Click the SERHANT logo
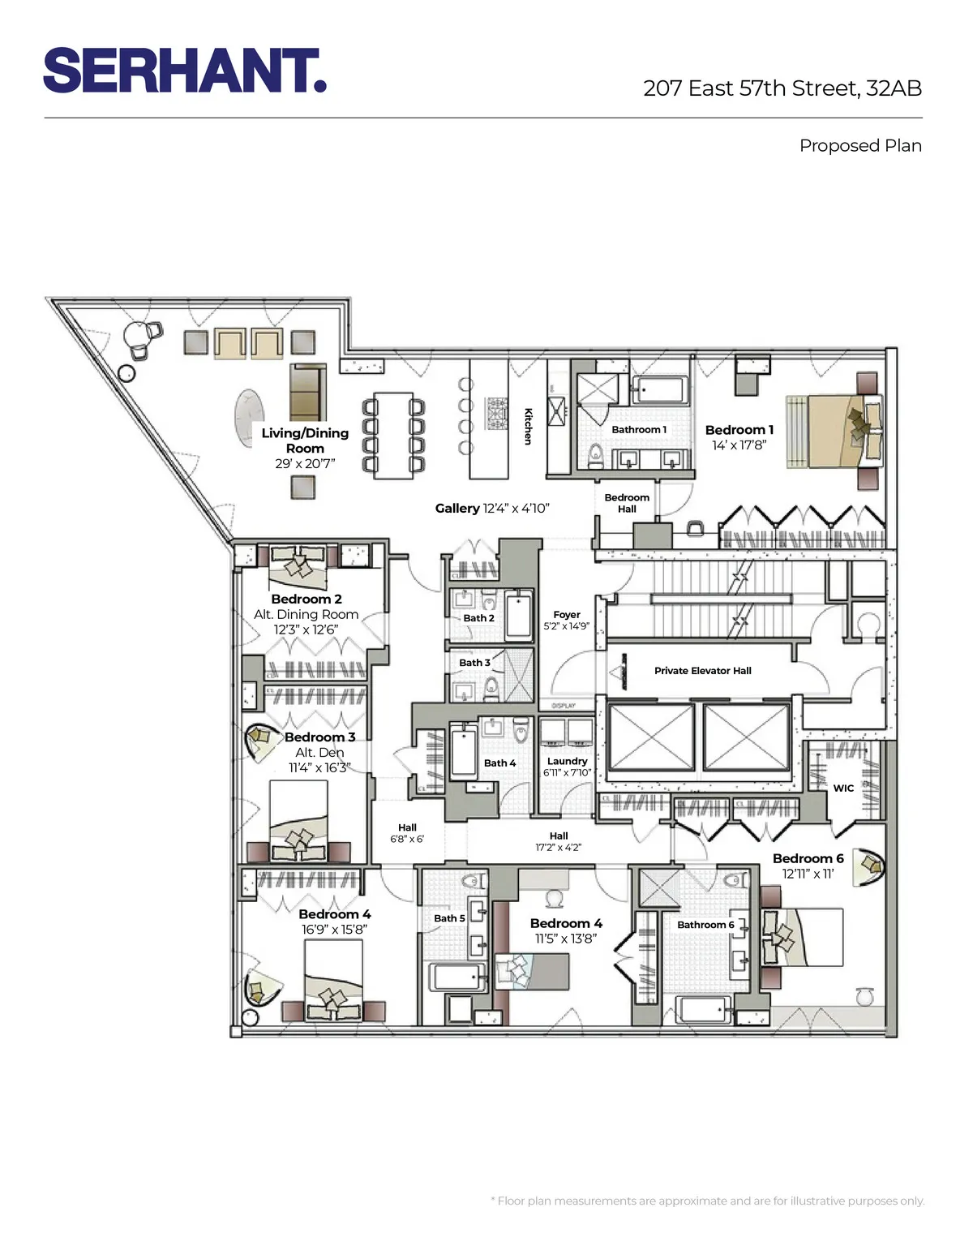pyautogui.click(x=185, y=71)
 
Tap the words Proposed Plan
pyautogui.click(x=860, y=146)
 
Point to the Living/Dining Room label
pyautogui.click(x=305, y=440)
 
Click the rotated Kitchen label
pyautogui.click(x=528, y=426)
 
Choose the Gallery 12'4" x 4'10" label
pyautogui.click(x=492, y=509)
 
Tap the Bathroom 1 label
pyautogui.click(x=639, y=430)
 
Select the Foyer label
pyautogui.click(x=567, y=615)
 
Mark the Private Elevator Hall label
pyautogui.click(x=702, y=671)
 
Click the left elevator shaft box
pyautogui.click(x=650, y=737)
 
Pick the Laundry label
pyautogui.click(x=567, y=761)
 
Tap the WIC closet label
pyautogui.click(x=843, y=788)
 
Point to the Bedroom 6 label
pyautogui.click(x=808, y=858)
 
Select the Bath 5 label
pyautogui.click(x=449, y=918)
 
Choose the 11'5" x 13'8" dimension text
pyautogui.click(x=566, y=939)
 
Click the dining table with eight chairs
pyautogui.click(x=393, y=435)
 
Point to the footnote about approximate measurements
pyautogui.click(x=707, y=1201)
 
